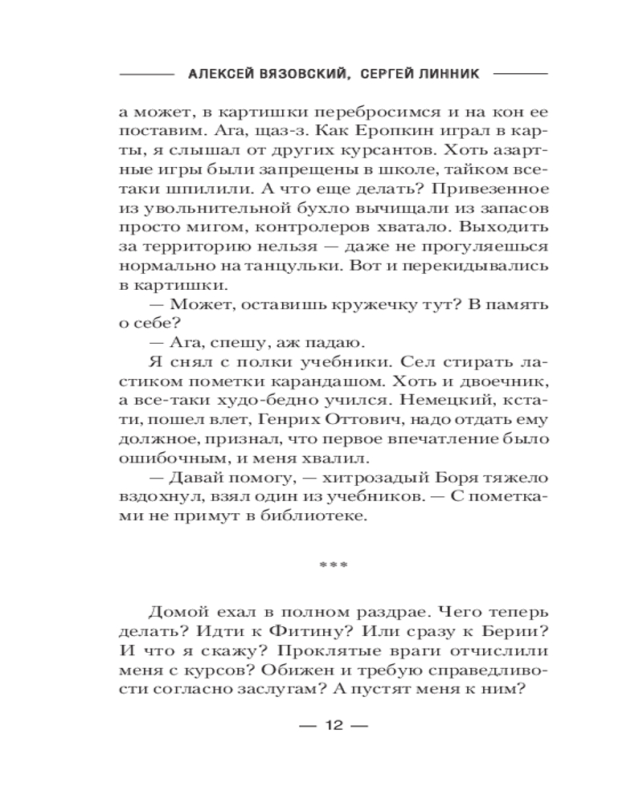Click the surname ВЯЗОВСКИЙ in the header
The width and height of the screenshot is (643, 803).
302,73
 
